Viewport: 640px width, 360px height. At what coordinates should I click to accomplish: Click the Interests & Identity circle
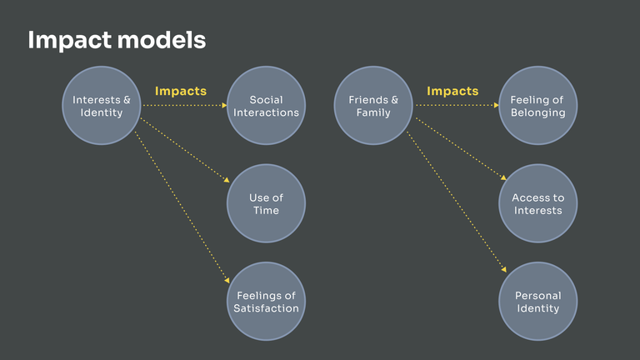[x=102, y=106]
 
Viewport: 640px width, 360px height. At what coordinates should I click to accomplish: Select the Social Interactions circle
[x=266, y=106]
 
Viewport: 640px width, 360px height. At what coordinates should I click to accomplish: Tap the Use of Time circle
[x=266, y=203]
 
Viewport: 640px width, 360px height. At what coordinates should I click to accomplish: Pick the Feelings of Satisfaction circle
[x=266, y=301]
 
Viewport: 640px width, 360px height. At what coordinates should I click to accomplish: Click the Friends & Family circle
[x=373, y=106]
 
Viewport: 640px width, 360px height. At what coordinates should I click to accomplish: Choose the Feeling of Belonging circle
[x=537, y=106]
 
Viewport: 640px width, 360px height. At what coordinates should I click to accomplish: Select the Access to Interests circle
[x=537, y=203]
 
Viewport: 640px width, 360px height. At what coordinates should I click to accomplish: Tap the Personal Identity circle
[x=537, y=301]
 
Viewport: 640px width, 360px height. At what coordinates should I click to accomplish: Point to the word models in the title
[x=163, y=40]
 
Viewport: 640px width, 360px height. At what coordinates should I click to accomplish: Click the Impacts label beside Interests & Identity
[x=181, y=90]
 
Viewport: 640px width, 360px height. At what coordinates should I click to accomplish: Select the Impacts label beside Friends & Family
[x=452, y=90]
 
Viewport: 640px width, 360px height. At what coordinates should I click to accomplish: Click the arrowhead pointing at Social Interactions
[x=223, y=106]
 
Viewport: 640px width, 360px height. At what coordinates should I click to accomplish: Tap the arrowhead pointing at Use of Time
[x=225, y=178]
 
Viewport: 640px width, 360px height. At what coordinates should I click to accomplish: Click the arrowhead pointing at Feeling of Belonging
[x=495, y=106]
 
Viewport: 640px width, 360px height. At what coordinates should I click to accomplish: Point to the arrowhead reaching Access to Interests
[x=502, y=177]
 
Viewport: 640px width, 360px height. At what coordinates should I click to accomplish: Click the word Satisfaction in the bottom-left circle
[x=266, y=308]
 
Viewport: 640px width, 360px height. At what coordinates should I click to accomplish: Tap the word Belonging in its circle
[x=537, y=113]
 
